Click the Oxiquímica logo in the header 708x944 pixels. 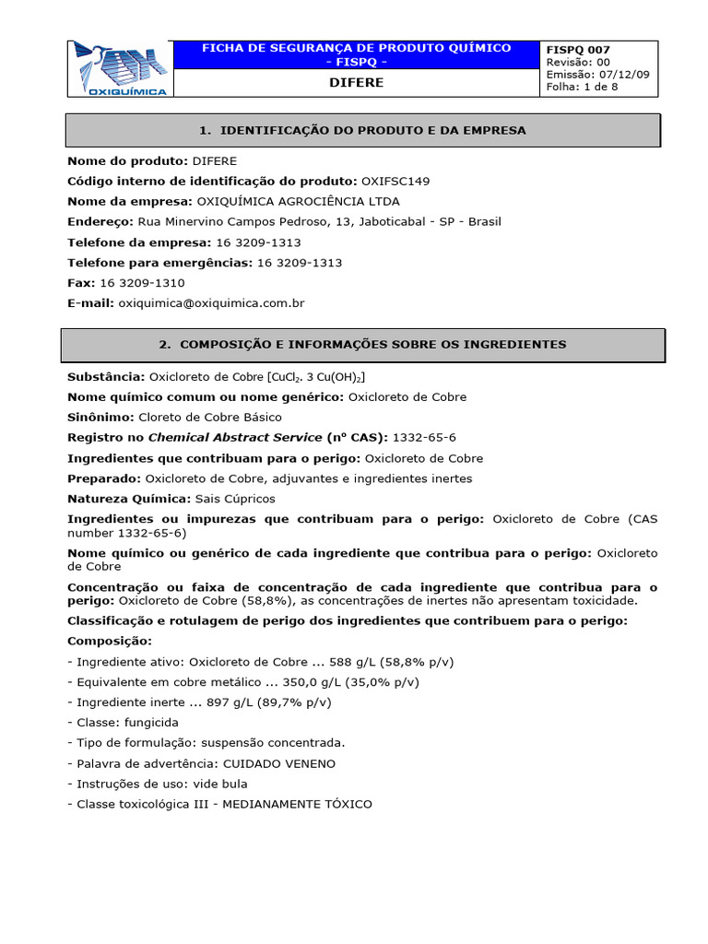121,68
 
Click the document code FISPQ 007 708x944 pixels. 578,50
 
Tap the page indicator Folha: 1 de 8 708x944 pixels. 583,87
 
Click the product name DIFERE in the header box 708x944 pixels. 356,83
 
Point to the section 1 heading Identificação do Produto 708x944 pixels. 362,130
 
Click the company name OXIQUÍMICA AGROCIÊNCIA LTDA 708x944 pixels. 299,201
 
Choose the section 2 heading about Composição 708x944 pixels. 362,344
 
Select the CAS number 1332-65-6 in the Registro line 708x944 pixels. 426,437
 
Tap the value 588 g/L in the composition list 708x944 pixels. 355,662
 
